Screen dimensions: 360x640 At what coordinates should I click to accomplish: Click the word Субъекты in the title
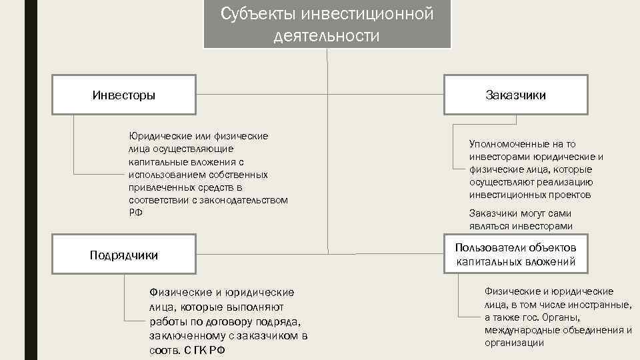pos(257,14)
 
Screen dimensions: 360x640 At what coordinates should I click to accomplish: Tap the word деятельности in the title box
pos(327,35)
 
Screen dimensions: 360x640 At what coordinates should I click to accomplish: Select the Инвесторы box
pos(124,95)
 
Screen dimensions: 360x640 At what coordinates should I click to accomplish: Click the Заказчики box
pos(515,95)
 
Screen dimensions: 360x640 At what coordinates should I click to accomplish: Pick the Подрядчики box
pos(124,255)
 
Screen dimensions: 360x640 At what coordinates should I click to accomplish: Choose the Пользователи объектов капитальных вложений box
pos(515,254)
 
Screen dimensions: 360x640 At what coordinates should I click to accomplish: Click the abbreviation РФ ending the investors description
pos(136,212)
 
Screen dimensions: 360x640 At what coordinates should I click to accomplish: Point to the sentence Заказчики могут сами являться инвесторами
pos(521,219)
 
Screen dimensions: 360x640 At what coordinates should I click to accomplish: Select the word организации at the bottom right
pos(514,343)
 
